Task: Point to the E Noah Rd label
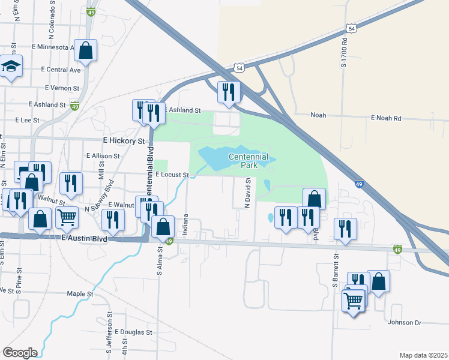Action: (385, 118)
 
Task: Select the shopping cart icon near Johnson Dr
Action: (353, 300)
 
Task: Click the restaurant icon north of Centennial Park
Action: (228, 91)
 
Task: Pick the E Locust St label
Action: (172, 175)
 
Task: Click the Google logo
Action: (20, 352)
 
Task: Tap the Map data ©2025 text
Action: (423, 355)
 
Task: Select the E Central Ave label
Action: (61, 70)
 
